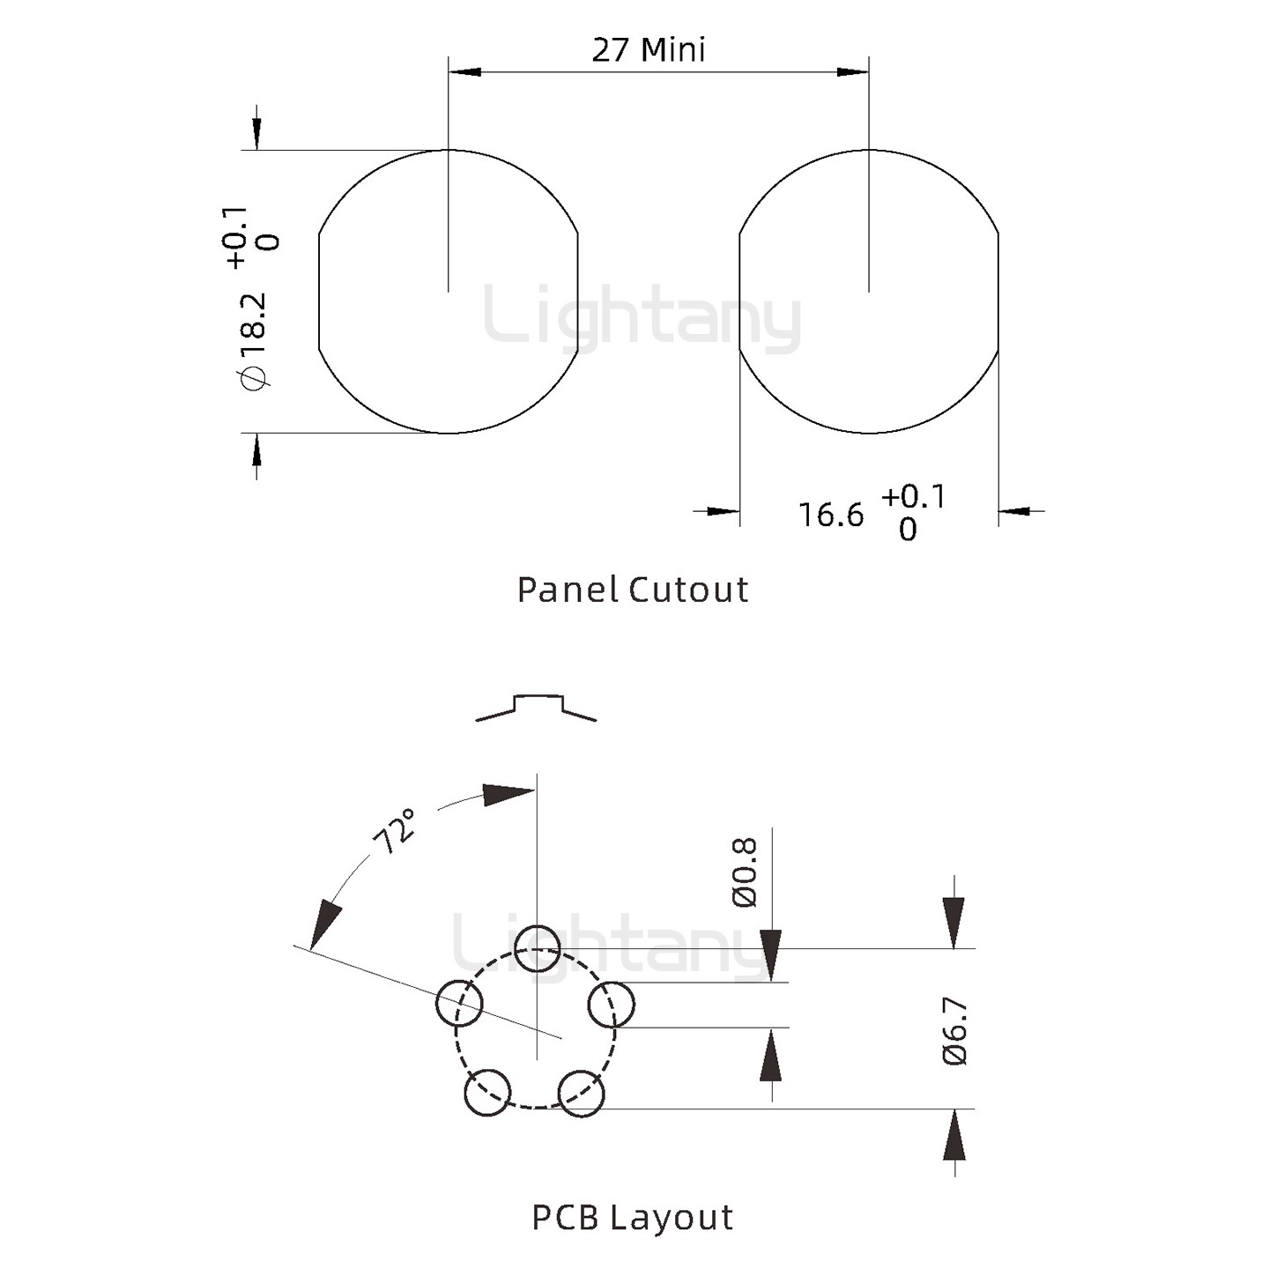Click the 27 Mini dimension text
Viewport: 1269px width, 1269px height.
pos(648,50)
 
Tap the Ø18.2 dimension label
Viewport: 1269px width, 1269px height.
pos(254,342)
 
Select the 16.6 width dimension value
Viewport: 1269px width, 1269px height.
pos(830,515)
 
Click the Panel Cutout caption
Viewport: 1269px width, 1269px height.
pos(632,590)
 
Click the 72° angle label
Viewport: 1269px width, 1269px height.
pos(395,831)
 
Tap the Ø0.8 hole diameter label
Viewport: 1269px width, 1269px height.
pos(745,873)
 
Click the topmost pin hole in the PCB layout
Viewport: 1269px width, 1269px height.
pos(538,948)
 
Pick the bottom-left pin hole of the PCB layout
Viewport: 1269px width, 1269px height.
pos(488,1093)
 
